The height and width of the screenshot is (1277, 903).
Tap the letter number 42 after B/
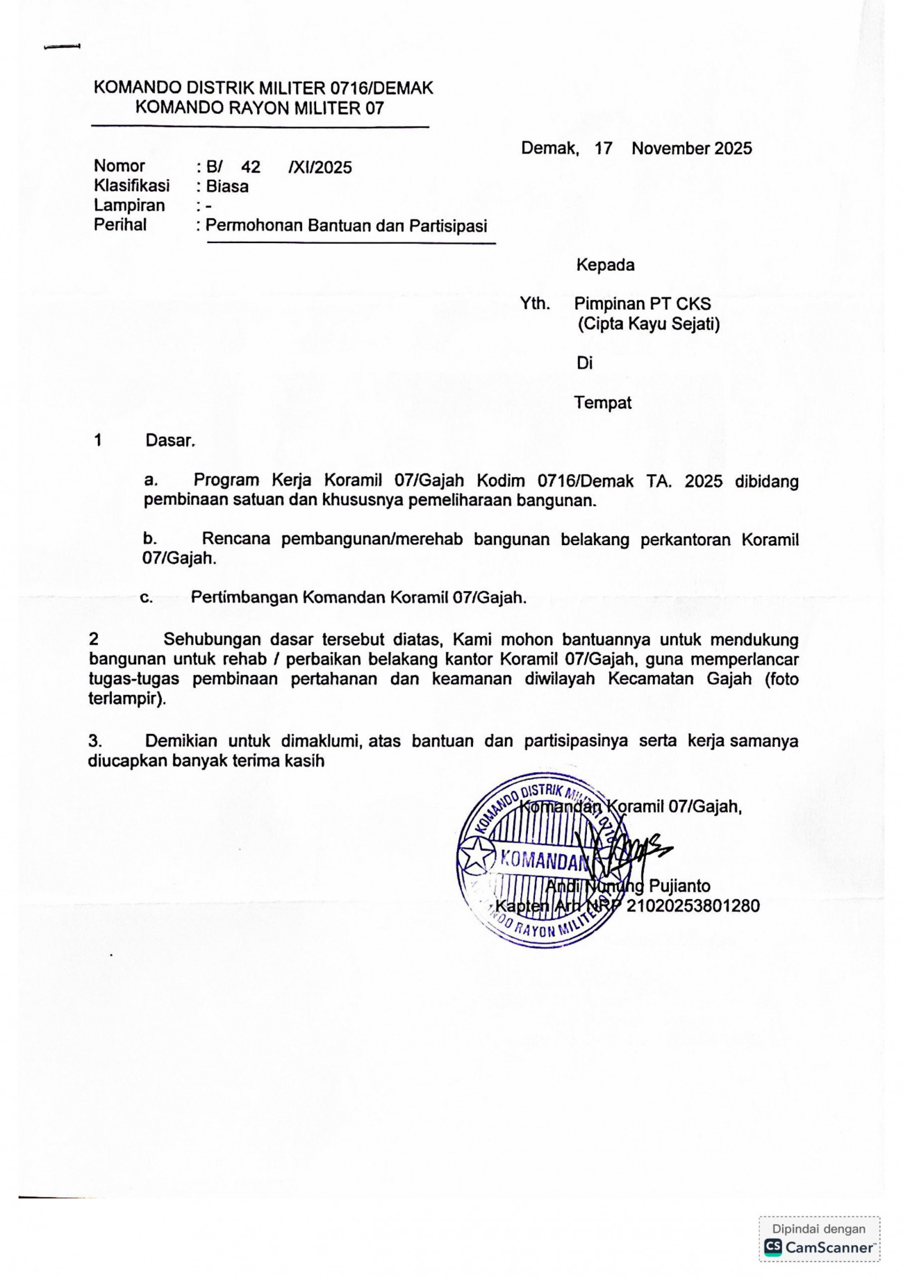(x=251, y=167)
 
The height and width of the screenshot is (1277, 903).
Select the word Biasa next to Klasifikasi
(x=227, y=187)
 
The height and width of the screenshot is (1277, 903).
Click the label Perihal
(x=120, y=225)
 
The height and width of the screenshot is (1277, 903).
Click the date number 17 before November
(x=604, y=149)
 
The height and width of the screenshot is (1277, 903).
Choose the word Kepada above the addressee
(x=605, y=265)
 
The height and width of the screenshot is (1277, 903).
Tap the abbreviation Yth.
(x=535, y=304)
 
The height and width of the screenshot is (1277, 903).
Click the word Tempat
(x=603, y=403)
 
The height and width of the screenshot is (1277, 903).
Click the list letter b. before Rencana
(x=149, y=539)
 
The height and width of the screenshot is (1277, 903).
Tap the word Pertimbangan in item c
(x=244, y=598)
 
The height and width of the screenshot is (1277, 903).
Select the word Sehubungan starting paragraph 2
(x=212, y=640)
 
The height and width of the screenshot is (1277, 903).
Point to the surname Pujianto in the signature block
(x=679, y=887)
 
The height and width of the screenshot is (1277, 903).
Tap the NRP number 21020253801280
(x=693, y=906)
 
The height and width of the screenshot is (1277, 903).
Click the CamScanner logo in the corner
(x=820, y=1248)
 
